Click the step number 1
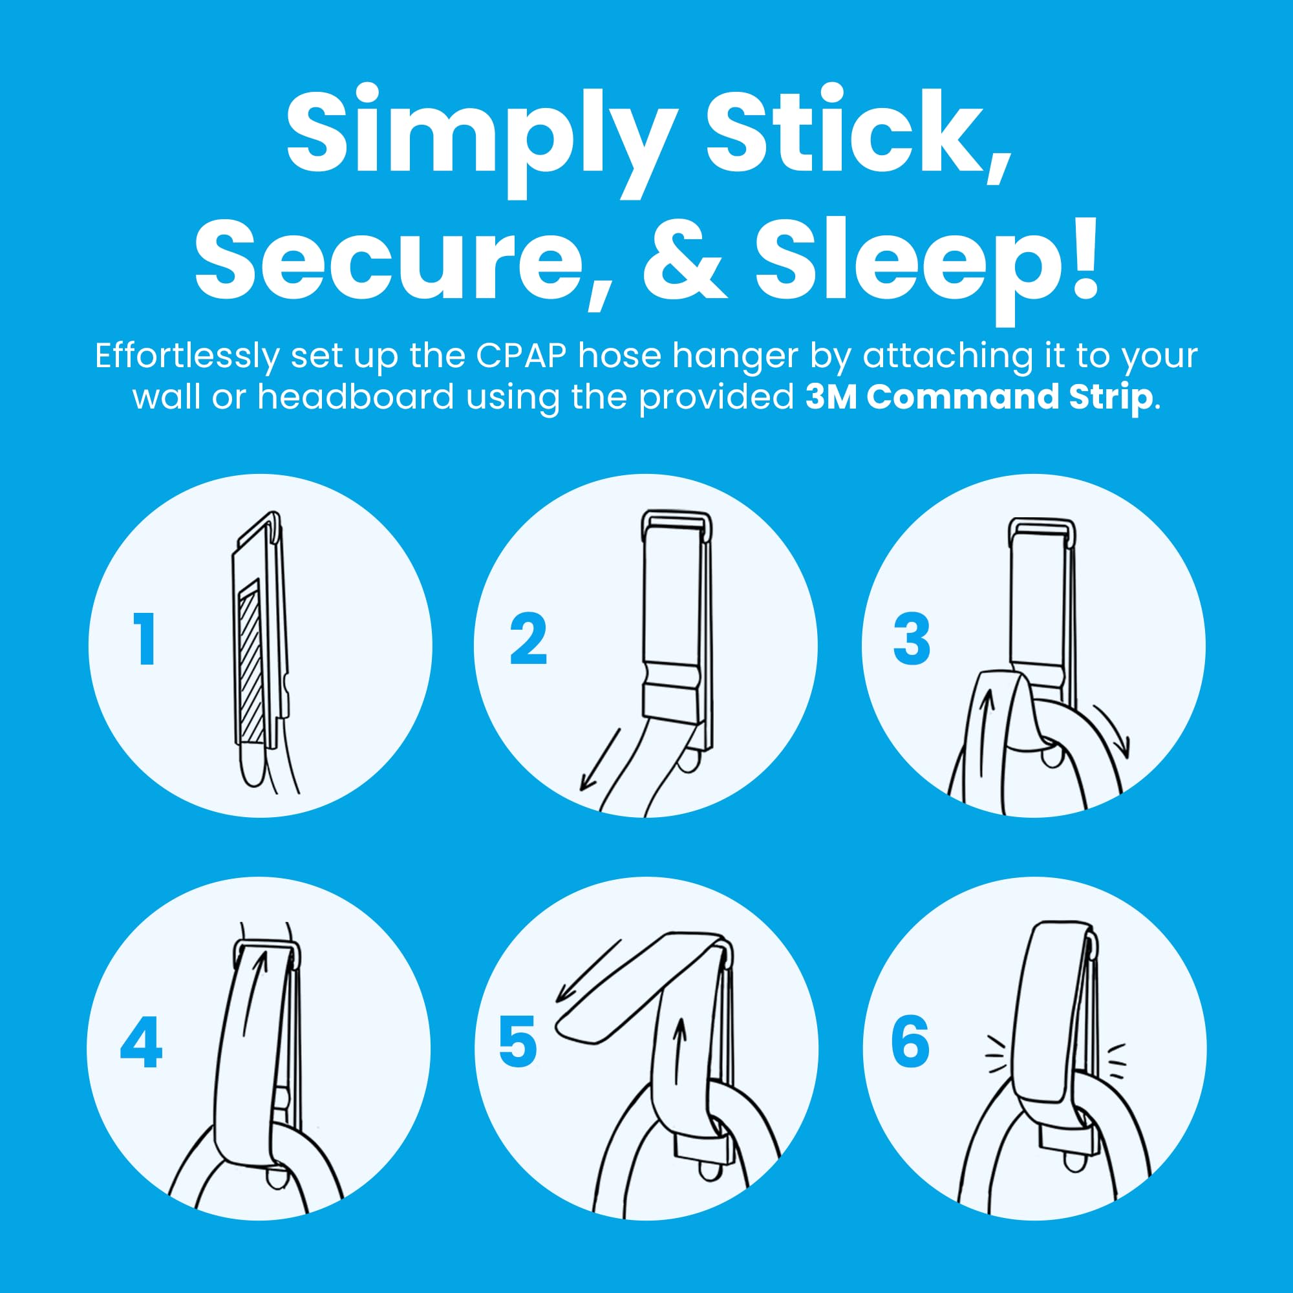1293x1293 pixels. pos(145,639)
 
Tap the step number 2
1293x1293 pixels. pos(529,639)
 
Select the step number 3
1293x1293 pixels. pos(912,639)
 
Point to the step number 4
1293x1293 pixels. pos(141,1042)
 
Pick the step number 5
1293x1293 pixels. pos(518,1042)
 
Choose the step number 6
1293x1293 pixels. pos(910,1042)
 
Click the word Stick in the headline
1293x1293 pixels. pos(859,133)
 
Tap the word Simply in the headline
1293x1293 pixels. pos(480,140)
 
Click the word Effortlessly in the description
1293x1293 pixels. pos(187,358)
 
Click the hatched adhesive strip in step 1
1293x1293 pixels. pos(250,661)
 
